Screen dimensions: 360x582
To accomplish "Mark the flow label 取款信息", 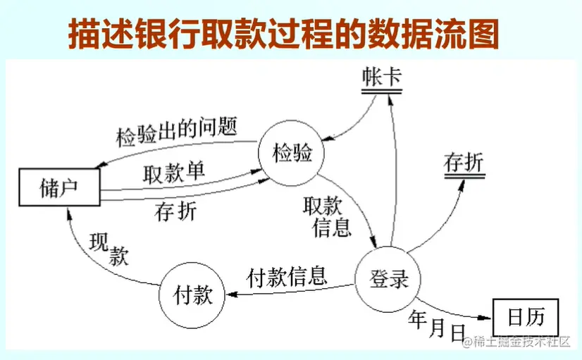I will pyautogui.click(x=326, y=216).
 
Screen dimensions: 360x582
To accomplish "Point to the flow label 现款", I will pyautogui.click(x=109, y=249).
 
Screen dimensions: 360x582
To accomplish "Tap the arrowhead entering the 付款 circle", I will pyautogui.click(x=229, y=295).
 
